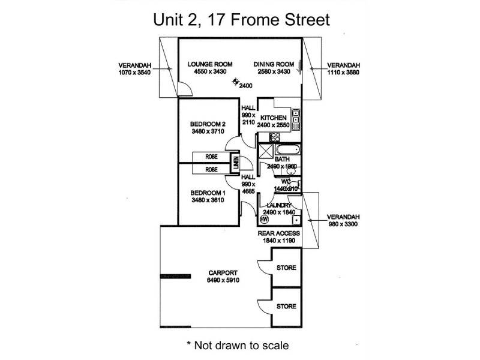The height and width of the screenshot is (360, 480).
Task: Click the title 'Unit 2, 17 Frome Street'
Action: point(240,20)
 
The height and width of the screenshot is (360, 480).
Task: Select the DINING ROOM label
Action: point(273,64)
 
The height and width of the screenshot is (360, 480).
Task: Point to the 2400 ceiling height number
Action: point(245,86)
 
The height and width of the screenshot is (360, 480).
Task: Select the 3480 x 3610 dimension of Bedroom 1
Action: point(207,200)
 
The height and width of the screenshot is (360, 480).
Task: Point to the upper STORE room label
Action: point(286,268)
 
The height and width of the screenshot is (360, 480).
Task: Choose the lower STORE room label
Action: point(286,306)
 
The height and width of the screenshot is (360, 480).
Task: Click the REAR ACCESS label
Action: point(278,233)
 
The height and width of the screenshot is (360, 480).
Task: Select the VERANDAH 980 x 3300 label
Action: point(343,220)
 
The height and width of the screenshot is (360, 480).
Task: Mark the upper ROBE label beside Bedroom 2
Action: point(212,158)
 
